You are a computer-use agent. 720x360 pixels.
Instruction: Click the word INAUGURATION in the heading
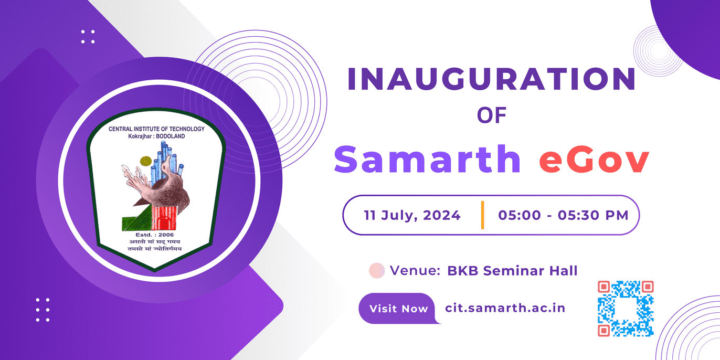[x=492, y=79]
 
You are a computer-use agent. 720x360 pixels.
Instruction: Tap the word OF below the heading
[x=492, y=115]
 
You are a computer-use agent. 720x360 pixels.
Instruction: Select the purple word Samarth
[x=427, y=159]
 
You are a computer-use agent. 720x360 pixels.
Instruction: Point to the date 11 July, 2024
[x=412, y=215]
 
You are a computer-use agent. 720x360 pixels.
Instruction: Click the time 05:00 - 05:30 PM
[x=563, y=215]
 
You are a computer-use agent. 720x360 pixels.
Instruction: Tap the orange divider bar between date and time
[x=482, y=215]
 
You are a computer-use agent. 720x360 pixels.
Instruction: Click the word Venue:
[x=415, y=271]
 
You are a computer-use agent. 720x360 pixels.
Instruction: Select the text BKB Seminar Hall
[x=512, y=271]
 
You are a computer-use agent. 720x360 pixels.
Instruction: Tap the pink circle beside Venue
[x=377, y=270]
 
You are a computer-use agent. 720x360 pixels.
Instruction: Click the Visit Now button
[x=398, y=309]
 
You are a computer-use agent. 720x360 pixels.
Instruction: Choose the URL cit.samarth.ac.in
[x=505, y=308]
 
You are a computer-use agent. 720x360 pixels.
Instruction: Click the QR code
[x=626, y=309]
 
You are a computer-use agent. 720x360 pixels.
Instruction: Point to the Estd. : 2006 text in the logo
[x=155, y=235]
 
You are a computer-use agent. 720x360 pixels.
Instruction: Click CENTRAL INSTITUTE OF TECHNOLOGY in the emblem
[x=156, y=129]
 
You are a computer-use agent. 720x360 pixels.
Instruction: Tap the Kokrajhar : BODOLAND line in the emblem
[x=156, y=136]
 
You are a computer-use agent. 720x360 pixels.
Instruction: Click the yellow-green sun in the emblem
[x=146, y=161]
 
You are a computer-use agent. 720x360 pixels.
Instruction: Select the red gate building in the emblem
[x=164, y=218]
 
